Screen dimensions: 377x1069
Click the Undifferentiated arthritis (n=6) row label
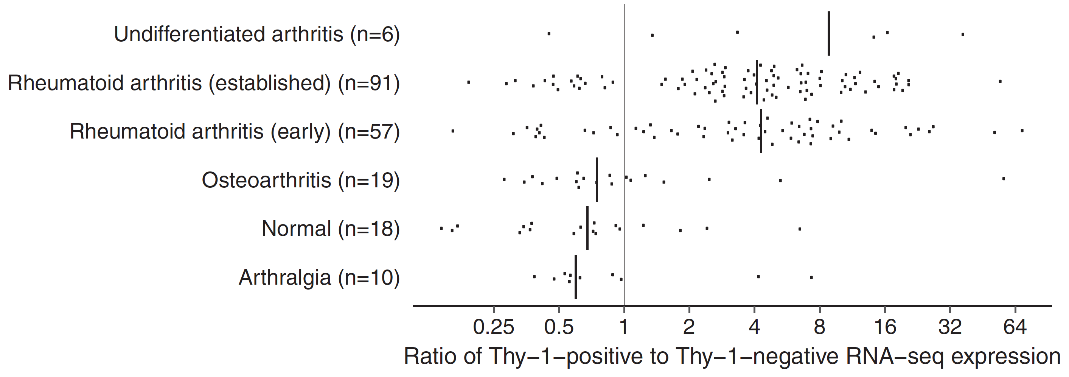[257, 34]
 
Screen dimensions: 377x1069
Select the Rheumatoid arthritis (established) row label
[204, 83]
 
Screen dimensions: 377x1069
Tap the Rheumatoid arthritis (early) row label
[235, 132]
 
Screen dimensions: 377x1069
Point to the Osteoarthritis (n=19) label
[300, 180]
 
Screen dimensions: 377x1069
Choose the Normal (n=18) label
[330, 229]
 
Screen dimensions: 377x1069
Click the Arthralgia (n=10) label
[319, 277]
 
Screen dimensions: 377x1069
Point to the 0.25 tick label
[493, 327]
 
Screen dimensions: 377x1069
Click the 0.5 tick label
[559, 327]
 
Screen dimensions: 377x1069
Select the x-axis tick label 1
[624, 327]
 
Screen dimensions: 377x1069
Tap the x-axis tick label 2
[689, 327]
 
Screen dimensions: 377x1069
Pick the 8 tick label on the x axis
[820, 327]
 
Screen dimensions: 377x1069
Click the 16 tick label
[885, 327]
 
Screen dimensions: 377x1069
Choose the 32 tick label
[950, 327]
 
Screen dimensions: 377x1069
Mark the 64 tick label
[1015, 327]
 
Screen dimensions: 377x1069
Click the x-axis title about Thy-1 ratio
[732, 356]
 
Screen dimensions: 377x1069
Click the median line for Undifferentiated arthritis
[829, 33]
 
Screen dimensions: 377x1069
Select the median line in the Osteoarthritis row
[597, 179]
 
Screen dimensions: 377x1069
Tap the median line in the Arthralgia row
[576, 277]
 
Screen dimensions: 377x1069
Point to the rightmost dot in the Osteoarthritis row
[1004, 179]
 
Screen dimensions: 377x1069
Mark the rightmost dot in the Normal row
[800, 229]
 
